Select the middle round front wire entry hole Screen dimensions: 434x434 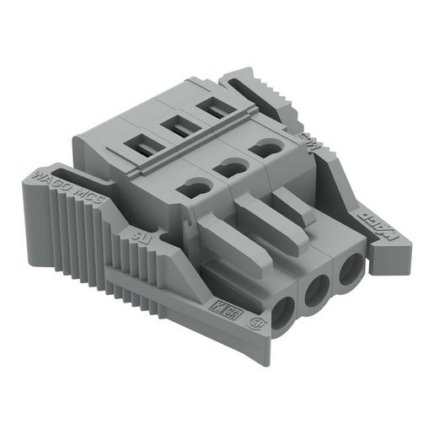(316, 291)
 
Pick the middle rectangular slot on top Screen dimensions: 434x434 (178, 127)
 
